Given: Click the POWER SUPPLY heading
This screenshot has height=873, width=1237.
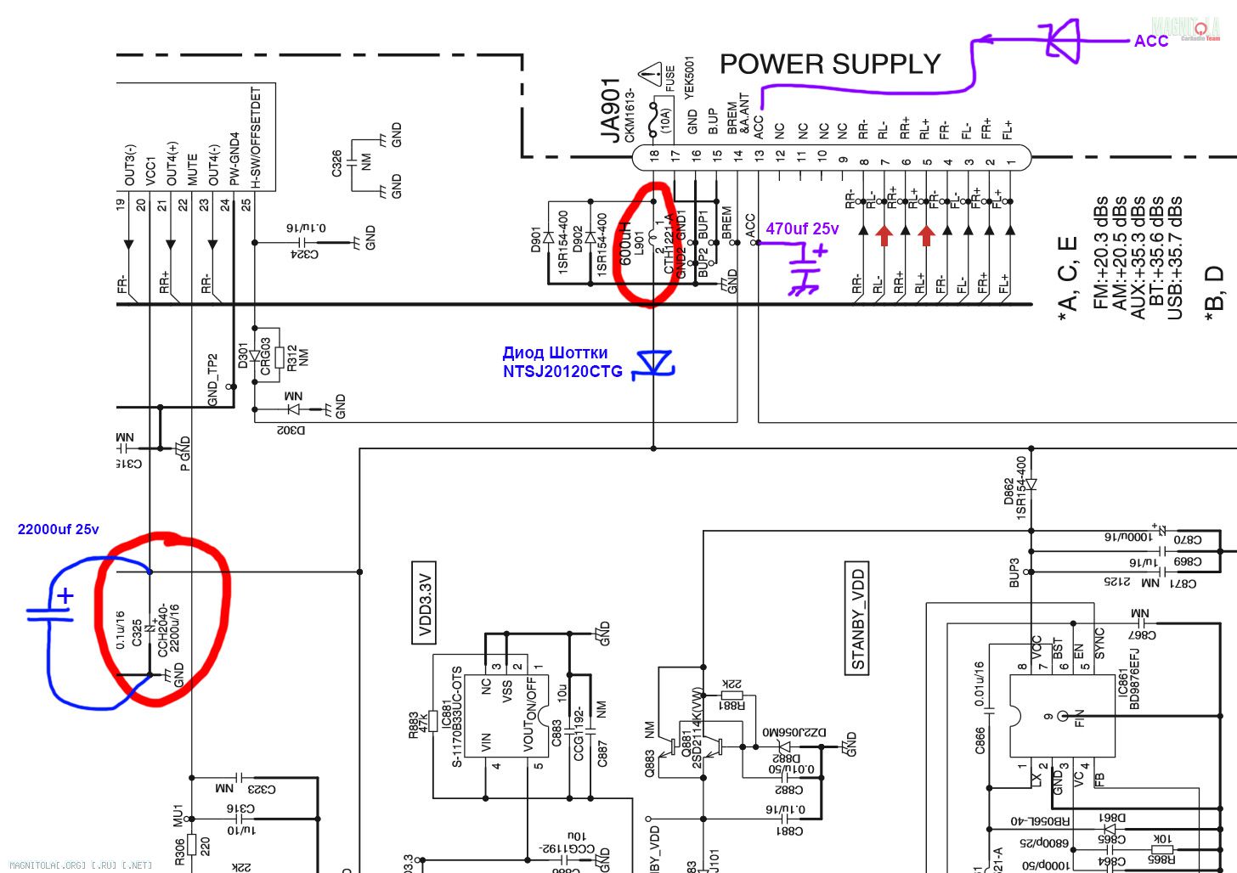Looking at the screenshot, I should point(829,64).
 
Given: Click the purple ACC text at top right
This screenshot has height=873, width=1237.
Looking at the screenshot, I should point(1151,41).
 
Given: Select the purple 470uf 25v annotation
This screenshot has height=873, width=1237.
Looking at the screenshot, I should point(801,228).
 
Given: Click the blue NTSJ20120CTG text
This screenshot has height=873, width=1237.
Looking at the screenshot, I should point(562,371).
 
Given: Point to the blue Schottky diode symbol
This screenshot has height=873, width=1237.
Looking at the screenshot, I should point(654,363).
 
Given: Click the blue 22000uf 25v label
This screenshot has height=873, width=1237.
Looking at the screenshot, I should point(58,529).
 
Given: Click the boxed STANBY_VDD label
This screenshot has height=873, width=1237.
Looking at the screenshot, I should point(858,617).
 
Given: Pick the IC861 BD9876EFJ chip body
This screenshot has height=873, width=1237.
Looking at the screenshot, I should point(1062,716).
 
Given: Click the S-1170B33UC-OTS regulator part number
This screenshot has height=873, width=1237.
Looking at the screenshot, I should point(458,717).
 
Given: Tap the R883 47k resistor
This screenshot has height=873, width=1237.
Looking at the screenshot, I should point(432,721).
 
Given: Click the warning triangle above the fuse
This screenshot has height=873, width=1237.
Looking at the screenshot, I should point(650,74).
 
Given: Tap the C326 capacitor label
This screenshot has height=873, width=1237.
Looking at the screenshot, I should point(336,163).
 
